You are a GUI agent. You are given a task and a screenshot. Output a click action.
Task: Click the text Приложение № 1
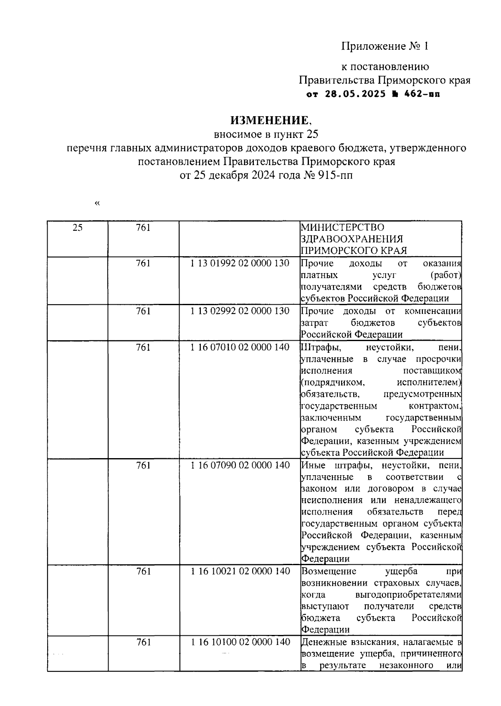pyautogui.click(x=385, y=46)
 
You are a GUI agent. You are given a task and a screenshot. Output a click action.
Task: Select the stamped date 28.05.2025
pyautogui.click(x=355, y=94)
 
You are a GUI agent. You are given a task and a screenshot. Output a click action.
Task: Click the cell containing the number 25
pyautogui.click(x=77, y=227)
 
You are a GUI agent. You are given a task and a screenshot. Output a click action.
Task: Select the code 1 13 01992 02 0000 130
pyautogui.click(x=240, y=264)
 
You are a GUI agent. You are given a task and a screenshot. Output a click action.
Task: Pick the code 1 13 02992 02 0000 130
pyautogui.click(x=240, y=311)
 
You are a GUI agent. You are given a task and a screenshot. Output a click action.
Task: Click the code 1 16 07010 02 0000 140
pyautogui.click(x=240, y=347)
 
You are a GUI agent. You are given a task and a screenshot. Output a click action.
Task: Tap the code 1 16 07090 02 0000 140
pyautogui.click(x=240, y=465)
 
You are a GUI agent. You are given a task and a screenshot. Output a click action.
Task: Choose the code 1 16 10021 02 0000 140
pyautogui.click(x=240, y=571)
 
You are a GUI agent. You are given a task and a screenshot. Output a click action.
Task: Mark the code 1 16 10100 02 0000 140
pyautogui.click(x=240, y=642)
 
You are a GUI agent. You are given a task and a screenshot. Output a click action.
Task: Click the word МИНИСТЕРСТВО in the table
pyautogui.click(x=342, y=227)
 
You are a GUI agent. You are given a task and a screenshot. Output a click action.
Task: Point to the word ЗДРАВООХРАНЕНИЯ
pyautogui.click(x=352, y=239)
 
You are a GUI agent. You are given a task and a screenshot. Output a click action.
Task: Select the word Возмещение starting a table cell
pyautogui.click(x=329, y=571)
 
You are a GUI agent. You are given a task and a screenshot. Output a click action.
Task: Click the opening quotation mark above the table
pyautogui.click(x=97, y=204)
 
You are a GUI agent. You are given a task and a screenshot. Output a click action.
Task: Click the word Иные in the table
pyautogui.click(x=311, y=465)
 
